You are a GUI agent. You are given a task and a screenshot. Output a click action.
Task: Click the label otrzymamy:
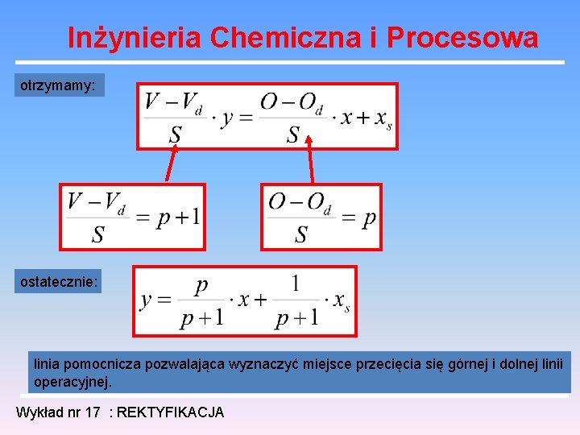tap(59, 85)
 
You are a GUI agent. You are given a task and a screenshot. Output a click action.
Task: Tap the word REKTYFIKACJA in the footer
tap(171, 412)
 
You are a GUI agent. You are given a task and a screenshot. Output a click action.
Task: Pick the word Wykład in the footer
tap(37, 412)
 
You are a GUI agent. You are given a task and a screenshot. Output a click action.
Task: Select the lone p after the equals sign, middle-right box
tap(368, 218)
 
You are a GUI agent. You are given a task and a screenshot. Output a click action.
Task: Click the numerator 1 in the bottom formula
tap(296, 284)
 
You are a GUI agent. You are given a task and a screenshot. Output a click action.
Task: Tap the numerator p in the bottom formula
tap(202, 284)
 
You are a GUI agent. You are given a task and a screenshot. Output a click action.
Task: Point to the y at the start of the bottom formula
tap(147, 300)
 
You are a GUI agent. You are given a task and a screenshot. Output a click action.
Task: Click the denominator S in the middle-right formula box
tap(301, 234)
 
